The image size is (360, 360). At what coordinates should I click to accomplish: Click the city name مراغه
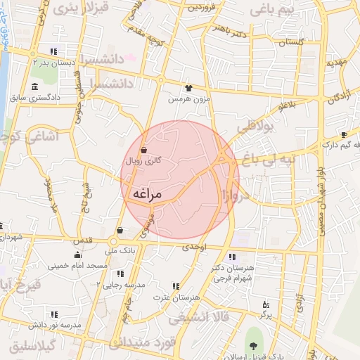146,193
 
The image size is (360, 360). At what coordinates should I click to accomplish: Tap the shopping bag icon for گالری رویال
143,149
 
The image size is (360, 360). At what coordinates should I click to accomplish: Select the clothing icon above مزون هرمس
188,88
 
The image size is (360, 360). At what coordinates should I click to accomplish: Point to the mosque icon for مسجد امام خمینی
77,255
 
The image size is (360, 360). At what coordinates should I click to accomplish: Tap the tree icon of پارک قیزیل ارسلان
252,345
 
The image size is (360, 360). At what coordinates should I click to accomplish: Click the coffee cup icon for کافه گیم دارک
344,134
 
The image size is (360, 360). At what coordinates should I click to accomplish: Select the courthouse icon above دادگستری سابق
34,86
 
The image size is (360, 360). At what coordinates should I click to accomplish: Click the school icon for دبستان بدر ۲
53,51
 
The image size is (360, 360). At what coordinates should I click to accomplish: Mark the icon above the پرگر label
264,304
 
